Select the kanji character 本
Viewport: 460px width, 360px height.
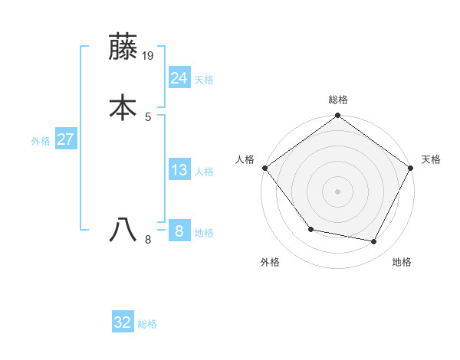click(123, 107)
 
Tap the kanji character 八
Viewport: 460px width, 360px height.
click(123, 230)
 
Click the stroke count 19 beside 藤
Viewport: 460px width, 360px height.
click(149, 56)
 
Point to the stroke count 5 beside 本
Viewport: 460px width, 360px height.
click(148, 117)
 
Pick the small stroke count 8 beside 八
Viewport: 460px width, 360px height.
click(148, 240)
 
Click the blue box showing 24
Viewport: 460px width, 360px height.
click(179, 78)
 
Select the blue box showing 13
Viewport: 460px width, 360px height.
click(179, 170)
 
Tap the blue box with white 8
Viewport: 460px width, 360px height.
click(179, 231)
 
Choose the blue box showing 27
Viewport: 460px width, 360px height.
click(65, 139)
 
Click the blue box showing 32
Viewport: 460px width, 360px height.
click(123, 322)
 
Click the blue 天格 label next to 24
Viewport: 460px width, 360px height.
click(204, 80)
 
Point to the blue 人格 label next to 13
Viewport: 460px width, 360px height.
click(204, 172)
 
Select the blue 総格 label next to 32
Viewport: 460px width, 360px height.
click(147, 324)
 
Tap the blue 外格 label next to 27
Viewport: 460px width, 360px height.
click(41, 141)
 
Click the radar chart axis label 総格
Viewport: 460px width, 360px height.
click(338, 100)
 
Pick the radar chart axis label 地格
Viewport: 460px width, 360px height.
click(402, 262)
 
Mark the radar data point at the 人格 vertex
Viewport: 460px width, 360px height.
click(265, 168)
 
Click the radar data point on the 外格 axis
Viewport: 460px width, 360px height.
click(310, 229)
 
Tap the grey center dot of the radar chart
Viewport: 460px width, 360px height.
click(338, 191)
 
